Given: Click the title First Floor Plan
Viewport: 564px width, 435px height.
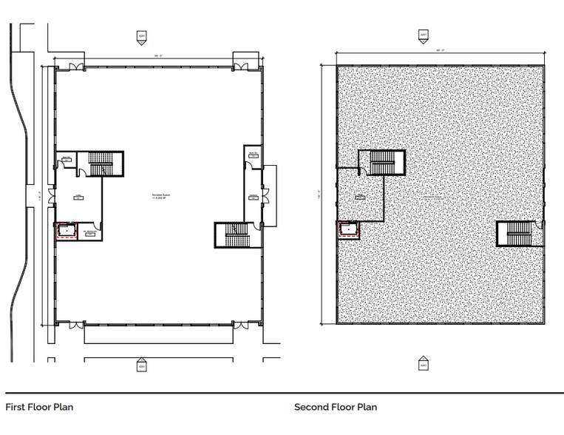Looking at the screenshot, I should [x=39, y=407].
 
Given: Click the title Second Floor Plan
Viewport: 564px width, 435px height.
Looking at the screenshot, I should [x=336, y=407].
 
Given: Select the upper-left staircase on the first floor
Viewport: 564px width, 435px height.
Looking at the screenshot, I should [x=98, y=163].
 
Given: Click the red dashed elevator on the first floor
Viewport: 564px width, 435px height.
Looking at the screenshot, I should [x=66, y=231].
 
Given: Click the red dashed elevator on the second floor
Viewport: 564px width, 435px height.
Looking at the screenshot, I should [x=347, y=231].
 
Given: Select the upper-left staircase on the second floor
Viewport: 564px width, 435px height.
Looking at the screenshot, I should [x=382, y=163].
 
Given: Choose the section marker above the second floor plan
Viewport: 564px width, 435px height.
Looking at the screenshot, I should [x=424, y=35].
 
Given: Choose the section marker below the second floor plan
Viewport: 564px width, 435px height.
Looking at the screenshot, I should [x=424, y=365].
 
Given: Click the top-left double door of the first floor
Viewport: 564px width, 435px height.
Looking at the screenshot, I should [x=75, y=67].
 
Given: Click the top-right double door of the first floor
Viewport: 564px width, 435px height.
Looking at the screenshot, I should [x=243, y=67].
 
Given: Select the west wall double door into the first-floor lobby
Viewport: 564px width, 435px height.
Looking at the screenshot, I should [x=50, y=198].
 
